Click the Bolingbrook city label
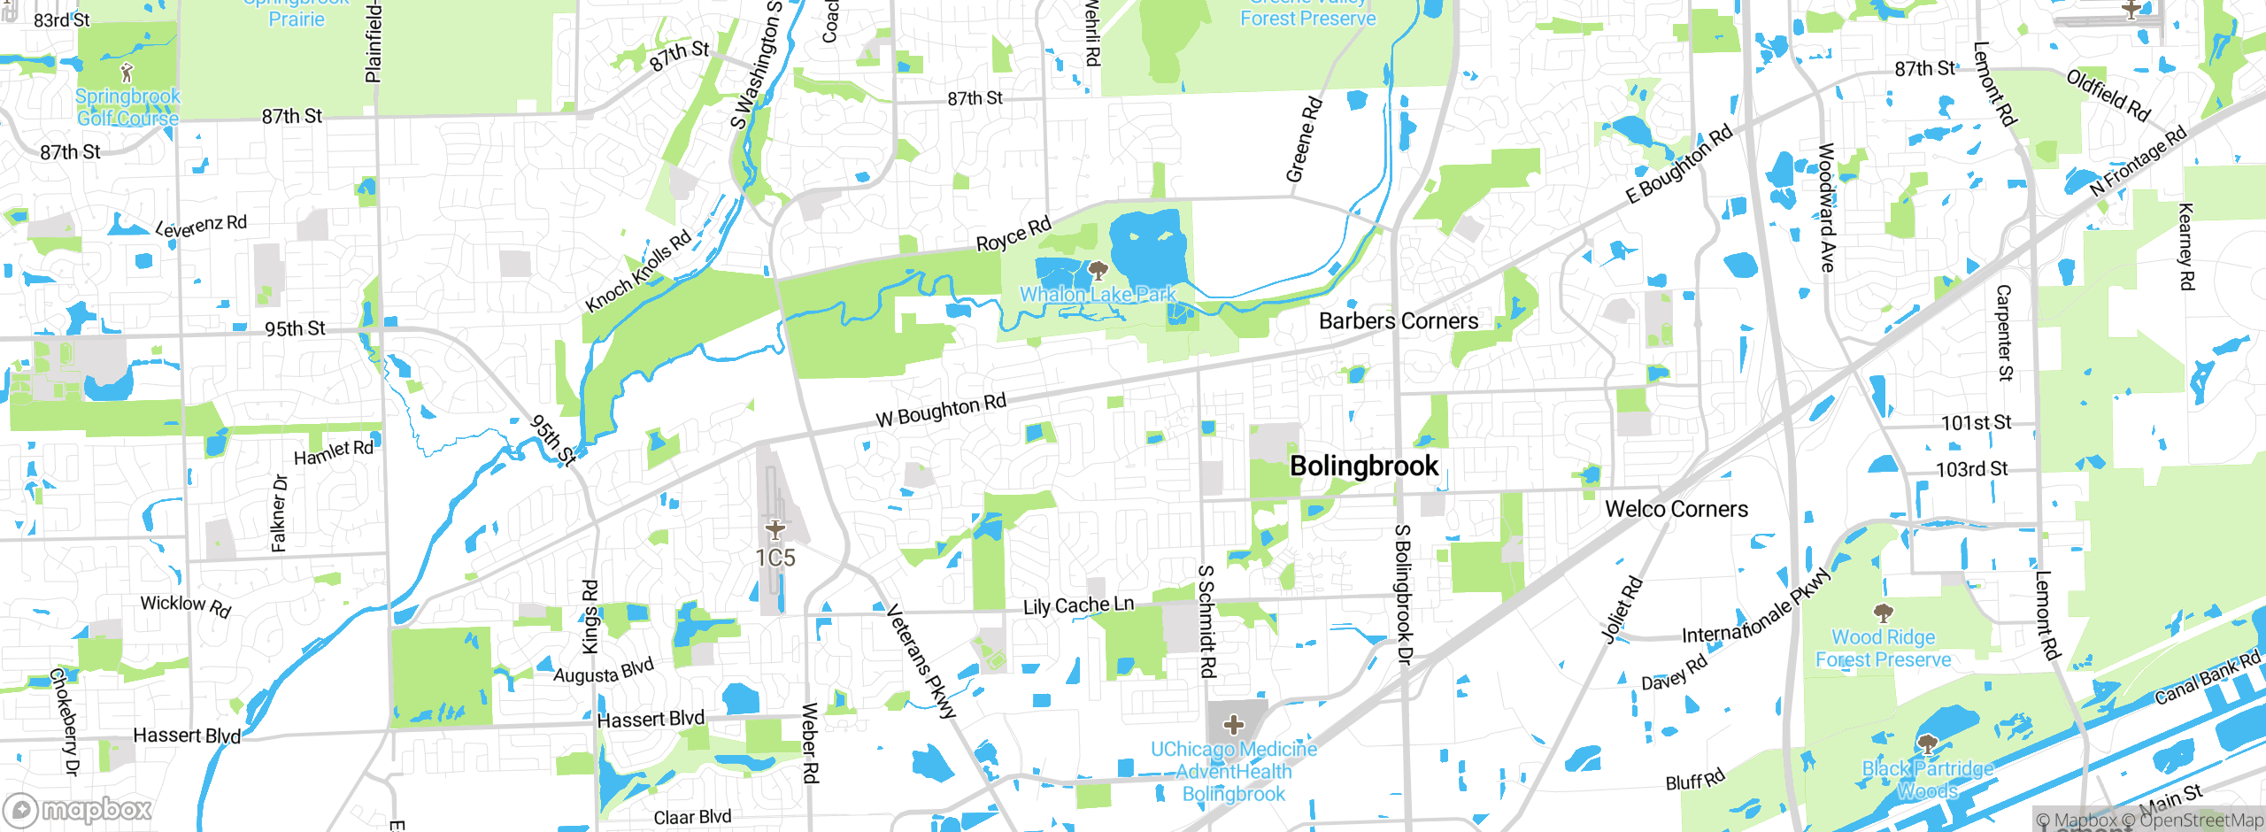point(1364,466)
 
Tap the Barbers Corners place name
point(1399,321)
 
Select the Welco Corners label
point(1676,510)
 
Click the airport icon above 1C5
point(775,529)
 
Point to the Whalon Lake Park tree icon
point(1098,271)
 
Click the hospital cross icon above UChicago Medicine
point(1234,726)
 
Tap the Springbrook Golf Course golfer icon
point(127,73)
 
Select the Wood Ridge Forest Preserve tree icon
point(1884,612)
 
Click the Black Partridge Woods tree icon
point(1927,744)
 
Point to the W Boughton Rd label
point(941,411)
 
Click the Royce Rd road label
point(1014,235)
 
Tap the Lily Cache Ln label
point(1078,606)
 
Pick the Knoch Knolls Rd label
point(637,272)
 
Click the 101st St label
point(1976,423)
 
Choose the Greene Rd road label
point(1304,140)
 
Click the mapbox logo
point(78,810)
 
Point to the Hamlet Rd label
point(334,452)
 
